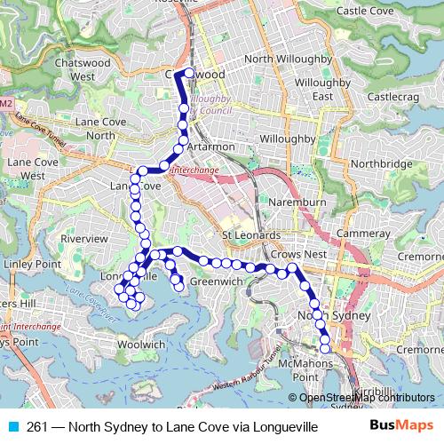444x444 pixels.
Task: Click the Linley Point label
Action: coord(30,265)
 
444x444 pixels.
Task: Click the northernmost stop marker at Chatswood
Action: coord(189,73)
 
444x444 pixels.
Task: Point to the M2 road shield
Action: coord(6,104)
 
